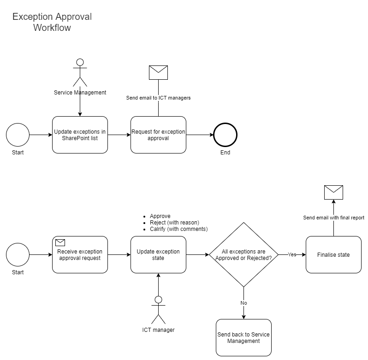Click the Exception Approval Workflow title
[x=52, y=22]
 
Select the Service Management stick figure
[x=80, y=72]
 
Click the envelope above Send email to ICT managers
[x=158, y=73]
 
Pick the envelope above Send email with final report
[x=333, y=192]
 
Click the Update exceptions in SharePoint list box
[x=80, y=135]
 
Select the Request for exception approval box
[x=158, y=135]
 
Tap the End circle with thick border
[x=225, y=135]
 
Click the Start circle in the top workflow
[x=18, y=135]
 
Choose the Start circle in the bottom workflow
[x=18, y=255]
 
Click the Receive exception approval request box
[x=80, y=255]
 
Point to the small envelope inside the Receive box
[x=60, y=242]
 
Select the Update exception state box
[x=158, y=255]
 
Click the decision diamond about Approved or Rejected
[x=243, y=255]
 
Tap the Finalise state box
[x=333, y=255]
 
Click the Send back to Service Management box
[x=243, y=338]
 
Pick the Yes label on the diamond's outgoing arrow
[x=292, y=254]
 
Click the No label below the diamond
[x=243, y=303]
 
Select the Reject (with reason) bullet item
[x=174, y=223]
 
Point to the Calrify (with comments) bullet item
[x=178, y=229]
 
